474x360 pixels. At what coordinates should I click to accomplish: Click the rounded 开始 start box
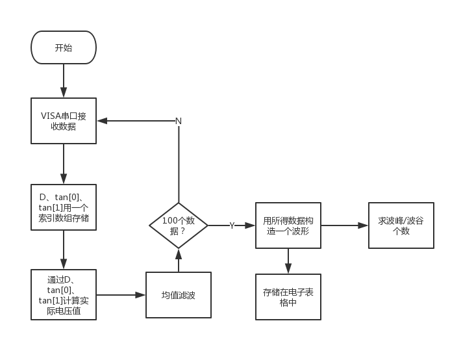[x=64, y=47]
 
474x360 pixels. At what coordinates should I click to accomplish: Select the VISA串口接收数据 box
[x=64, y=121]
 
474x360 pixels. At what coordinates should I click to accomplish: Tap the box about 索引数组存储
[x=64, y=207]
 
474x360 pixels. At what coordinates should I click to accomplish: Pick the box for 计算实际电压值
[x=64, y=294]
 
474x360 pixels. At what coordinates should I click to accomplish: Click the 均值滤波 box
[x=178, y=295]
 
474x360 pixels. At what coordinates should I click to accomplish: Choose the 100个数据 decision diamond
[x=179, y=225]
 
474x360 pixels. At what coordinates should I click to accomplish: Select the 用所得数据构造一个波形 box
[x=288, y=225]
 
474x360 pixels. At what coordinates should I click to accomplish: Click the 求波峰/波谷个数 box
[x=401, y=225]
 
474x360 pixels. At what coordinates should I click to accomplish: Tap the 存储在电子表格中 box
[x=288, y=297]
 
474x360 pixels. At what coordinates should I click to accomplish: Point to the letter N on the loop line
[x=179, y=122]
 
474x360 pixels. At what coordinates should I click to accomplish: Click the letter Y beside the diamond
[x=232, y=225]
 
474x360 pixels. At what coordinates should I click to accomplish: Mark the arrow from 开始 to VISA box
[x=64, y=81]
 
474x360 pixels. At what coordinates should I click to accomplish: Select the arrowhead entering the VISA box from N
[x=102, y=121]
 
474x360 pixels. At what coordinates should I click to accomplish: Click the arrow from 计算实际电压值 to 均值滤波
[x=121, y=295]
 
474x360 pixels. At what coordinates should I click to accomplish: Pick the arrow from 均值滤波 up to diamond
[x=179, y=260]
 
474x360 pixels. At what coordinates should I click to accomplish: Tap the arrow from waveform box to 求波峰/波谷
[x=344, y=225]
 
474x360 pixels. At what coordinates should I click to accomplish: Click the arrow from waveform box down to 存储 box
[x=288, y=261]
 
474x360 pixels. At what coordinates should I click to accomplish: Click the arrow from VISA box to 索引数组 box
[x=64, y=164]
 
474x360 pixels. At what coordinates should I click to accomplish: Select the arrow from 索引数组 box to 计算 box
[x=64, y=250]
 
